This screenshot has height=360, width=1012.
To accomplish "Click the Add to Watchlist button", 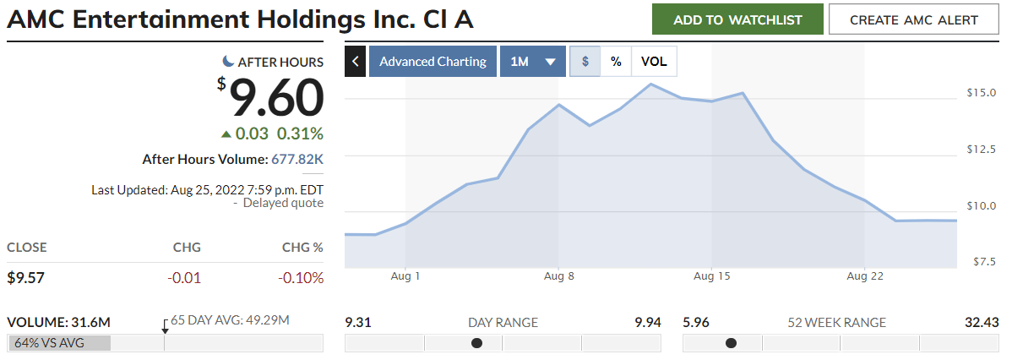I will [x=737, y=19].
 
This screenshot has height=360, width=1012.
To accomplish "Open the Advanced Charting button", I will [x=433, y=62].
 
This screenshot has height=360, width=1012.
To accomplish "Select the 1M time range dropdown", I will [x=532, y=62].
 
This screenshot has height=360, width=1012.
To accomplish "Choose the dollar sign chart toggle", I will [x=585, y=62].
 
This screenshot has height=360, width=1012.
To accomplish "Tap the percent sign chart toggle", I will [x=616, y=62].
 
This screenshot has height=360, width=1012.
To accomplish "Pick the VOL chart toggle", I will [x=654, y=62].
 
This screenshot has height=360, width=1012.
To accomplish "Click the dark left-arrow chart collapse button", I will [x=356, y=62].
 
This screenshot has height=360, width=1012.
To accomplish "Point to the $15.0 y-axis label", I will [x=982, y=92].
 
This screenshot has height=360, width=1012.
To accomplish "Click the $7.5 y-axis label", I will [x=983, y=262].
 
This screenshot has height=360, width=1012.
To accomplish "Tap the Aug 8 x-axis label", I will [x=558, y=276].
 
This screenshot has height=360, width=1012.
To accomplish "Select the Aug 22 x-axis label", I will [x=865, y=276].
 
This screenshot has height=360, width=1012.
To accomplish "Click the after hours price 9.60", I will [x=277, y=98].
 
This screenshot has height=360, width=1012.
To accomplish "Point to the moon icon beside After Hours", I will [x=228, y=61].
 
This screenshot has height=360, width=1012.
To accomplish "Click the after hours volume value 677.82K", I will [x=297, y=159].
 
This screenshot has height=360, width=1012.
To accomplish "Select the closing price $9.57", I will [x=25, y=278].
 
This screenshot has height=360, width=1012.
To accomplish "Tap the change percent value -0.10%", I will [x=301, y=278].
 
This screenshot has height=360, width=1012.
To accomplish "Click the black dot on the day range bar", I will [x=476, y=343].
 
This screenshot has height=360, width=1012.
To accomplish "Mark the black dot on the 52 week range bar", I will [x=731, y=343].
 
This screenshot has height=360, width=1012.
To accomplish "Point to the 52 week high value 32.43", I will [x=982, y=322].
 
